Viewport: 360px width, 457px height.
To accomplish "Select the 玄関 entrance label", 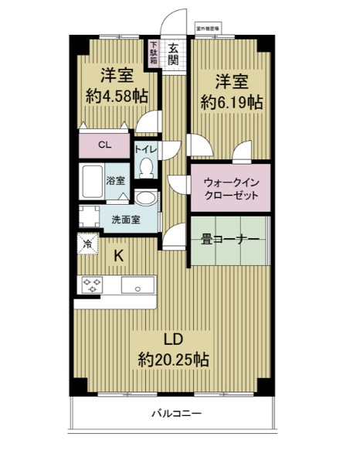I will tap(174, 53).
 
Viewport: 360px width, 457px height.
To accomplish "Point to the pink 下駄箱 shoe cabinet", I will tap(155, 53).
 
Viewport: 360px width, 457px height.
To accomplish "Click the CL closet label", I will tap(103, 143).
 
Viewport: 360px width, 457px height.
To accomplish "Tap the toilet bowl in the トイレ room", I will tap(146, 166).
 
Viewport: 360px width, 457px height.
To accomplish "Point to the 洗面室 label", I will tap(125, 219).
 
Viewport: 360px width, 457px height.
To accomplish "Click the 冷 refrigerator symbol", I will tap(87, 244).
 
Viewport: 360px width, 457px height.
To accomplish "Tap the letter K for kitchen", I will tap(120, 254).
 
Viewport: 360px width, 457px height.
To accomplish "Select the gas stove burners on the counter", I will tap(90, 285).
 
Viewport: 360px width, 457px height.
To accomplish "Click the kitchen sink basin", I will tap(138, 286).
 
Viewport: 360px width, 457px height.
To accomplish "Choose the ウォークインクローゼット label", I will tap(230, 188).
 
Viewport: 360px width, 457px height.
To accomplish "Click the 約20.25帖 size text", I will tap(173, 360).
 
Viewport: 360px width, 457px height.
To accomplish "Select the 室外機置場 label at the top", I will tap(208, 28).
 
